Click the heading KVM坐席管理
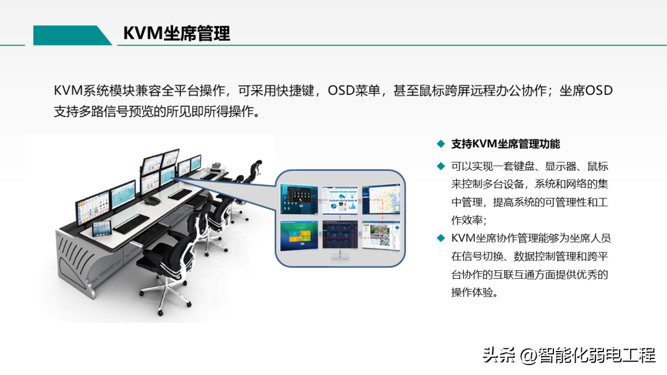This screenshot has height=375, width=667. (x=177, y=33)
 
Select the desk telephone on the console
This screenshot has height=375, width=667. (x=152, y=200)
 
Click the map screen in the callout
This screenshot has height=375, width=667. (x=381, y=199)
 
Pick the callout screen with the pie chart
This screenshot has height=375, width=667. (x=340, y=200)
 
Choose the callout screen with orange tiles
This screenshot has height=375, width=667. (x=299, y=236)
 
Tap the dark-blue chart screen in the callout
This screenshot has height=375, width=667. (x=340, y=235)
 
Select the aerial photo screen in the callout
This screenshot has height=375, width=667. (x=381, y=235)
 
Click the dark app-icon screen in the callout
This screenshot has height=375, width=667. (x=299, y=199)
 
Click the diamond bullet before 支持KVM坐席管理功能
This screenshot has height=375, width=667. (x=441, y=144)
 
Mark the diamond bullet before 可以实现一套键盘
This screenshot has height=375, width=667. (x=441, y=166)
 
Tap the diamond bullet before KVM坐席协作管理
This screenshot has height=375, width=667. (x=441, y=238)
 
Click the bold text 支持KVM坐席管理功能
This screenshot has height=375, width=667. (x=505, y=144)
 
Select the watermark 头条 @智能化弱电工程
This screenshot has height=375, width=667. (x=569, y=355)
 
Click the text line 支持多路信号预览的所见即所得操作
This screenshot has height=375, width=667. (x=156, y=111)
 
